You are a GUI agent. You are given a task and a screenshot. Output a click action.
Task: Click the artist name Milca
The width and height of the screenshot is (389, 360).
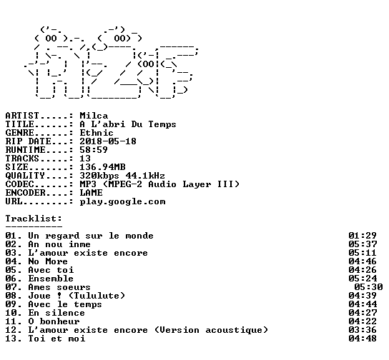[x=94, y=116]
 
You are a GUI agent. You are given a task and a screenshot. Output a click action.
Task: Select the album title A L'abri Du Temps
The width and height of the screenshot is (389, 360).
[x=128, y=124]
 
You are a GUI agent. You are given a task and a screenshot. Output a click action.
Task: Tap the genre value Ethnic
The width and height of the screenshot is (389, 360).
[x=97, y=133]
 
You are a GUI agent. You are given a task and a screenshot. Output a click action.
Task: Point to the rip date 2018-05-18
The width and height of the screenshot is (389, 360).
[x=108, y=141]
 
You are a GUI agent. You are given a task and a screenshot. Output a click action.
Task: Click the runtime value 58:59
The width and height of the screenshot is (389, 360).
[x=94, y=150]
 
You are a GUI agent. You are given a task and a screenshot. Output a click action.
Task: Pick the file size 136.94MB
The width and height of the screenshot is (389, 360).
[x=102, y=167]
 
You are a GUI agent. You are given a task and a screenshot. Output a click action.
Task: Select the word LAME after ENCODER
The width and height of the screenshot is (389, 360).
[x=91, y=193]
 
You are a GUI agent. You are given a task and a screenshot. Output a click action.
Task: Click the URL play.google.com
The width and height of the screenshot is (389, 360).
[x=122, y=202]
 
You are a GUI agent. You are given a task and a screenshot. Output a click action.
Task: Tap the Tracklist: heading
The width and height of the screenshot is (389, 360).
[x=34, y=219]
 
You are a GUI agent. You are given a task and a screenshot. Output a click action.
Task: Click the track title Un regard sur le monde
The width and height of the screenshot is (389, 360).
[x=91, y=236]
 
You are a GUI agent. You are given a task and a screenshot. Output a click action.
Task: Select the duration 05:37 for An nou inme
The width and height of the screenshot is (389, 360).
[x=363, y=244]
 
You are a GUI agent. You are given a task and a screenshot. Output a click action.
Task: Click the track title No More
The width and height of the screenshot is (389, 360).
[x=48, y=261]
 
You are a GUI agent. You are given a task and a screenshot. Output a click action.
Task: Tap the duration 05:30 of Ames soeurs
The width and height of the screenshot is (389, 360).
[x=368, y=287]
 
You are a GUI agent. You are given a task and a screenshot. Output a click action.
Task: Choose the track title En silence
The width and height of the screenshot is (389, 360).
[x=56, y=313]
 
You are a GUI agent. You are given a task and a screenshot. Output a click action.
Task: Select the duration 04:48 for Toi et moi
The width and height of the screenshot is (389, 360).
[x=363, y=339]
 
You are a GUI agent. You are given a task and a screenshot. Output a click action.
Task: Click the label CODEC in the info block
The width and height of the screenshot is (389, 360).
[x=19, y=184]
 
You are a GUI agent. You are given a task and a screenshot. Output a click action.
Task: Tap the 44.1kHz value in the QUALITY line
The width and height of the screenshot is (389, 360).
[x=145, y=176]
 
